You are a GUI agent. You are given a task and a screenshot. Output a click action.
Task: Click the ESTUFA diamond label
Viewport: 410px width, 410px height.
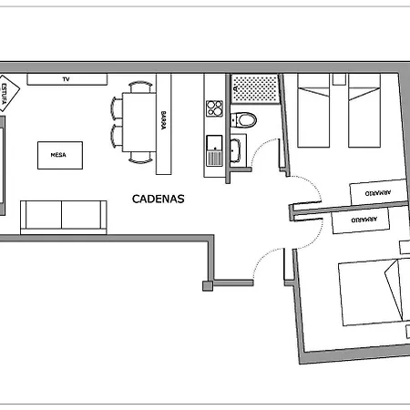pos(8,94)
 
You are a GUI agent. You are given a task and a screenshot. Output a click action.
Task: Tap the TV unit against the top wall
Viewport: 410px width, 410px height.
pos(66,79)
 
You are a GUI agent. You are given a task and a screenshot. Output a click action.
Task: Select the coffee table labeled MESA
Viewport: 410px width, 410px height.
pos(60,154)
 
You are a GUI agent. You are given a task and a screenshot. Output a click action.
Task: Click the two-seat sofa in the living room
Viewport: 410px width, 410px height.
pos(61,215)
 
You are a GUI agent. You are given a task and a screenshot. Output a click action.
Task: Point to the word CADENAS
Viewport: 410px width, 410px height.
pos(159,198)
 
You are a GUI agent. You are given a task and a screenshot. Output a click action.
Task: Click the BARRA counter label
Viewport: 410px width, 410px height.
pos(164,122)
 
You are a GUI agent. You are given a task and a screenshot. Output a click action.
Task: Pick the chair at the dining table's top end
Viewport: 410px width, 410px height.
pos(141,87)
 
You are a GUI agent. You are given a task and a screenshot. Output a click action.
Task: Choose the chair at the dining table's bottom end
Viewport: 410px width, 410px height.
pos(141,159)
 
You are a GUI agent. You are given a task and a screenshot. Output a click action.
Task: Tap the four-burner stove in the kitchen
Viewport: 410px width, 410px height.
pos(215,108)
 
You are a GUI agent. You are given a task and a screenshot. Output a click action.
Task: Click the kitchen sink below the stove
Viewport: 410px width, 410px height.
pos(215,149)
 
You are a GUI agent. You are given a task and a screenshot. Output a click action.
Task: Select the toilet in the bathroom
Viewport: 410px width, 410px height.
pos(245,118)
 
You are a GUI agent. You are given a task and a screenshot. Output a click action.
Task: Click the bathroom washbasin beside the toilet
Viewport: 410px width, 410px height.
pos(235,151)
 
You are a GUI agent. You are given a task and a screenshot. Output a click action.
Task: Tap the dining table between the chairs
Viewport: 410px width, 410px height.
pos(140,123)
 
